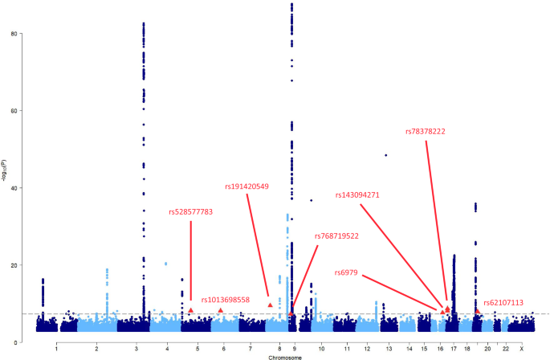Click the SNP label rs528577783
point(190,212)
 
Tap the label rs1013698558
point(226,300)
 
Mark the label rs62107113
point(503,303)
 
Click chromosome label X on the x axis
point(521,349)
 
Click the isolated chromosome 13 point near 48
point(386,155)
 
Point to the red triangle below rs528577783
point(191,310)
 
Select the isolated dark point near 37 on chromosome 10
point(311,200)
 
